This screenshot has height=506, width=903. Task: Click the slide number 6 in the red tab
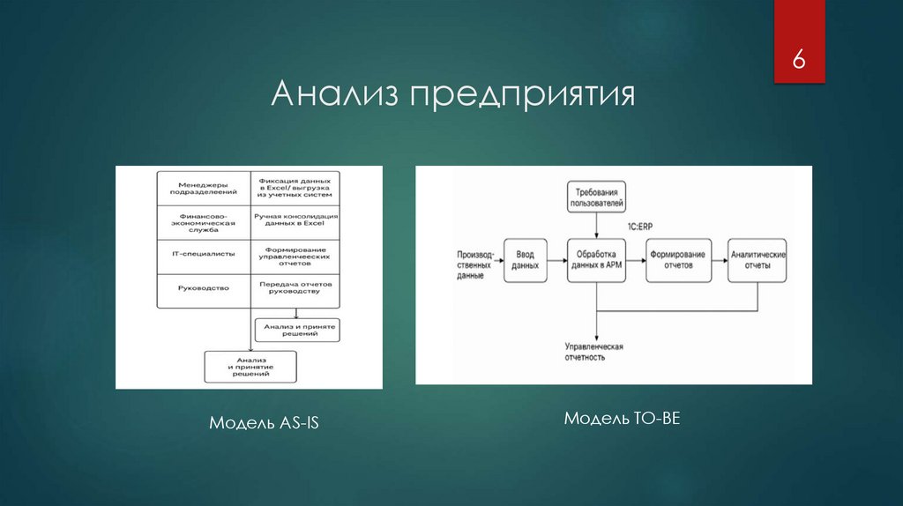799,60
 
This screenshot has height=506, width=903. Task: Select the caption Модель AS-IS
264,424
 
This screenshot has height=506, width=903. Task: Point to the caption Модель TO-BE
623,417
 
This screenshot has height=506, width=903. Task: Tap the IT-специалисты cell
204,254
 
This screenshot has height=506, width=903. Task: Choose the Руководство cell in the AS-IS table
204,288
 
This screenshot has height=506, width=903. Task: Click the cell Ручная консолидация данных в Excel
295,220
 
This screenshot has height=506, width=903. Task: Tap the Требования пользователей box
597,197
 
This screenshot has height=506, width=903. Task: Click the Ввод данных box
525,259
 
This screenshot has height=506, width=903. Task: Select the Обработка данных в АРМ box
597,259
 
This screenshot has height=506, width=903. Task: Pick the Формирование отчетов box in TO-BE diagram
678,259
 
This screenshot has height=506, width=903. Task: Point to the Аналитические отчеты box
758,259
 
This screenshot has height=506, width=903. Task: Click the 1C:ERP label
639,227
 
